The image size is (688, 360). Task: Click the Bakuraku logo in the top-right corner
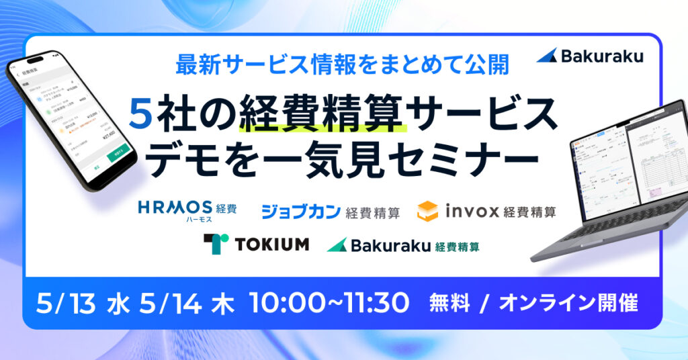[590, 56]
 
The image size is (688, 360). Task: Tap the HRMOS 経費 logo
[187, 210]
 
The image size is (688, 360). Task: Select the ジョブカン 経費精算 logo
[331, 212]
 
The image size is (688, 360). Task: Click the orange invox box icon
[427, 211]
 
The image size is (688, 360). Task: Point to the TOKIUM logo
[256, 244]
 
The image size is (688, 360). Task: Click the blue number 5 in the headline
[140, 115]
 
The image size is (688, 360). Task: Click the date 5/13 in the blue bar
[66, 303]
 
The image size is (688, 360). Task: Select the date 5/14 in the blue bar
[171, 303]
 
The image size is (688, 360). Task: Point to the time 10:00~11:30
[329, 303]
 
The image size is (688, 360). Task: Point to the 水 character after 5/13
[118, 303]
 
